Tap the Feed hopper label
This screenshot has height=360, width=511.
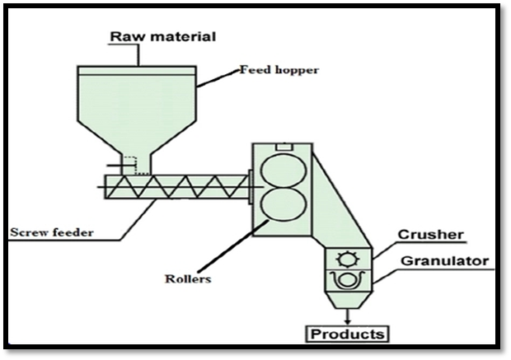click(279, 70)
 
